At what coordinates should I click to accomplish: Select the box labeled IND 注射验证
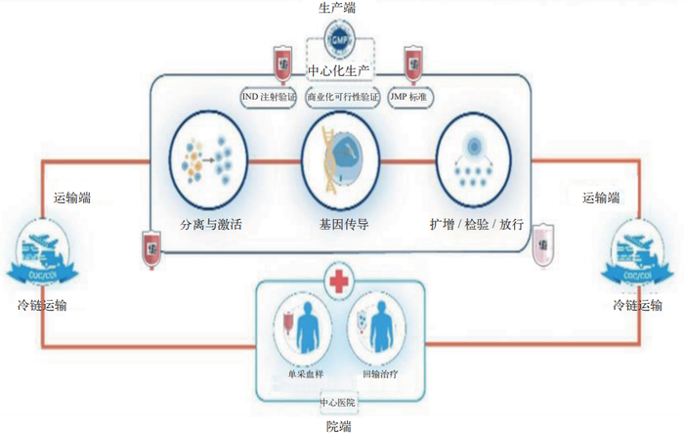[x=270, y=98]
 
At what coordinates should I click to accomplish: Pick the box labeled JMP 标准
[x=411, y=98]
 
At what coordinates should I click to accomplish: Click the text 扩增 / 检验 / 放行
[x=477, y=224]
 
